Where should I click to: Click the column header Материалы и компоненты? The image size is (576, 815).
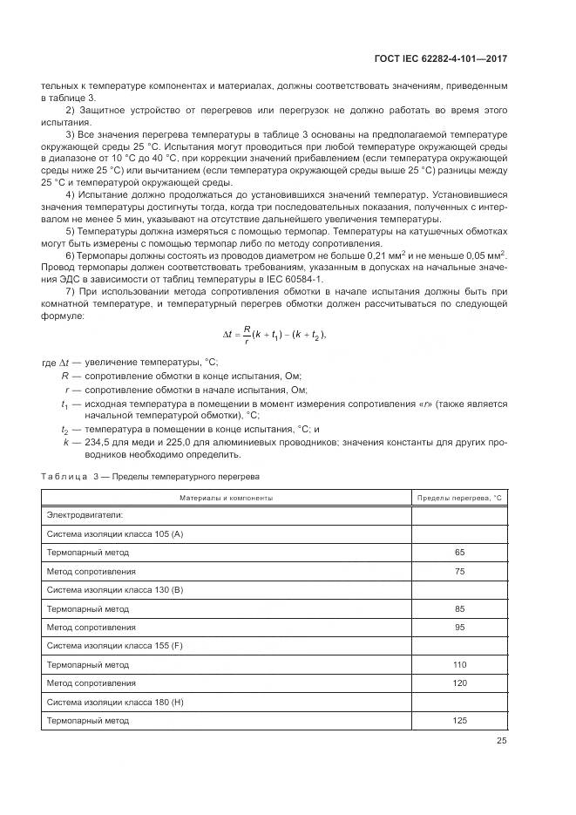click(x=226, y=497)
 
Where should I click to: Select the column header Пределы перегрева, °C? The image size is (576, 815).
click(x=460, y=497)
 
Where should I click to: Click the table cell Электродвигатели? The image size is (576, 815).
click(x=85, y=515)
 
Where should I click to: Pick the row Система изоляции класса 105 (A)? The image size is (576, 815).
click(x=114, y=533)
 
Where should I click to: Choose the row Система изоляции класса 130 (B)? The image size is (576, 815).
click(x=114, y=590)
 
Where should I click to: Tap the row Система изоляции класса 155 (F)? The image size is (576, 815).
click(x=114, y=646)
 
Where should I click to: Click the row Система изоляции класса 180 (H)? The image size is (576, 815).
click(x=114, y=702)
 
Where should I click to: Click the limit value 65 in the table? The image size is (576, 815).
click(x=460, y=553)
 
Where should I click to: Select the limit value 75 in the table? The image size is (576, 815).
click(x=460, y=571)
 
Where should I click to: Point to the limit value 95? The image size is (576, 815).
click(x=460, y=627)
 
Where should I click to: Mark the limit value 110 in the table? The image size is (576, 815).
click(x=460, y=664)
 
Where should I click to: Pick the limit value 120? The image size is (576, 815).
click(x=460, y=683)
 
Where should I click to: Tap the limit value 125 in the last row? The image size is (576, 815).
click(x=460, y=721)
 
